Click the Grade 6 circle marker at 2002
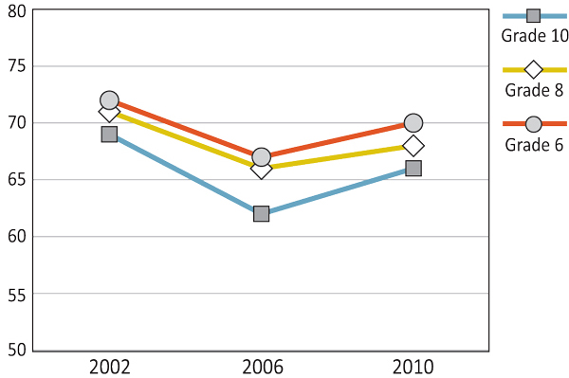click(109, 100)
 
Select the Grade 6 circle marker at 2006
click(261, 157)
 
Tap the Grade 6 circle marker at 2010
click(413, 123)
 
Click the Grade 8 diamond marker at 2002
click(109, 113)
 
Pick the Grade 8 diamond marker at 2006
click(261, 170)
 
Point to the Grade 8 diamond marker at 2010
click(413, 146)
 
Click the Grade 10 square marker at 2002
click(109, 135)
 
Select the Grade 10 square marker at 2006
click(261, 213)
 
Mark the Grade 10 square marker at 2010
click(413, 168)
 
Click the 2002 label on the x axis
click(109, 367)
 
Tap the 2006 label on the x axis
click(261, 367)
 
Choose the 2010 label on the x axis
click(413, 367)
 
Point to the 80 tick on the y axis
click(15, 10)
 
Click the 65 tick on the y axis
click(15, 180)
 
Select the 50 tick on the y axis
click(15, 350)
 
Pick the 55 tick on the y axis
click(15, 294)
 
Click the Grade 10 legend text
click(534, 37)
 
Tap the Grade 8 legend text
click(534, 91)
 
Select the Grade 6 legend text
click(534, 145)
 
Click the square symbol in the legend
click(534, 16)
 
